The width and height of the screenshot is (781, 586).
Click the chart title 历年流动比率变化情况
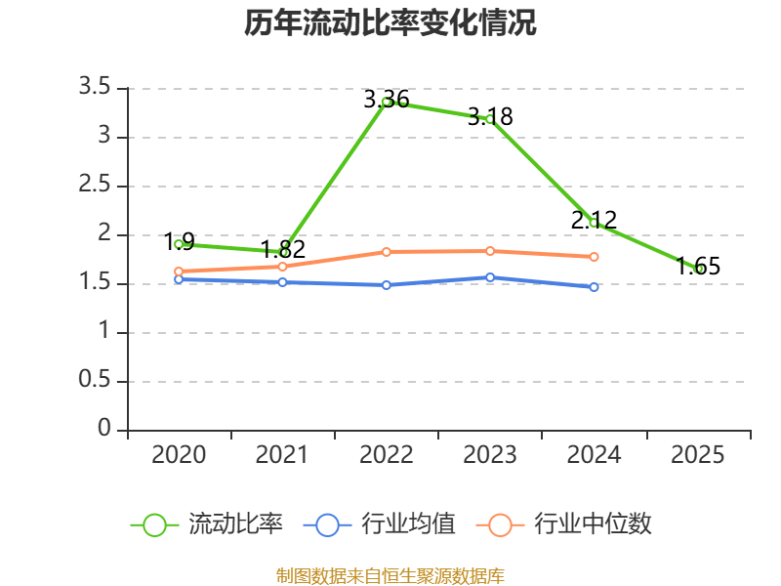390,22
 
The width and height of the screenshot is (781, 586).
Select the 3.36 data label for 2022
387,100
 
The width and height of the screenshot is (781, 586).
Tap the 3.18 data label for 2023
490,116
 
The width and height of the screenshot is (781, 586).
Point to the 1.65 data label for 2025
698,266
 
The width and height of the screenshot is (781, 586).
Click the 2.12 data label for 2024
594,221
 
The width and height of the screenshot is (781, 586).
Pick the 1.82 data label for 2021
283,249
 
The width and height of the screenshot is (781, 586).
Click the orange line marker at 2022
386,252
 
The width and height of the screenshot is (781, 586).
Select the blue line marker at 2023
490,277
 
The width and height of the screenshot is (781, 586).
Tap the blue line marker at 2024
594,287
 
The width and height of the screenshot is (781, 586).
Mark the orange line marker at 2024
594,257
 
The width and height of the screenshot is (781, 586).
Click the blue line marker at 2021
282,282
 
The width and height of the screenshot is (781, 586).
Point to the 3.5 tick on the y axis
94,87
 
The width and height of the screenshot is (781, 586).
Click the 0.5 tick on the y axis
94,380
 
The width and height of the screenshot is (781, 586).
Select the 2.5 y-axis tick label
94,185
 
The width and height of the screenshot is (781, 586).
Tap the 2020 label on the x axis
179,455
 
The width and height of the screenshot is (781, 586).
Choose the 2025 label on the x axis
697,455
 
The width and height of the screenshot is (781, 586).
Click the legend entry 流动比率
207,524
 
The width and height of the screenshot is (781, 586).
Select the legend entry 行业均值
380,524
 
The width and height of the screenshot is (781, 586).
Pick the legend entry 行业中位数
564,524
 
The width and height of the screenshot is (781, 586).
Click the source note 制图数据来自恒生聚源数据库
390,575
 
